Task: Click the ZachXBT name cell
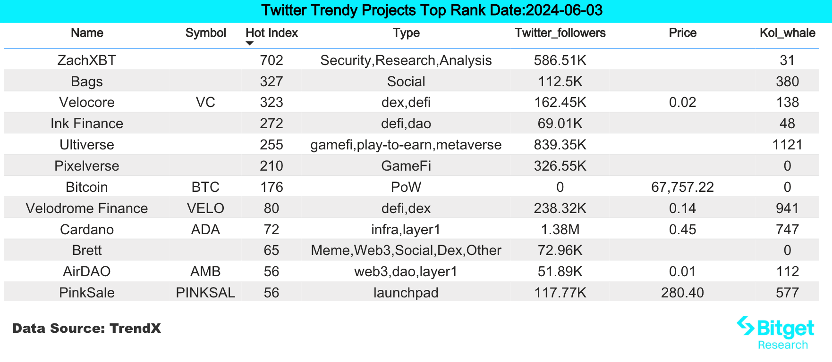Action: (86, 60)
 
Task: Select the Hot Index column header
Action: (272, 33)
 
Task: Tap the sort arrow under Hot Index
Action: (250, 43)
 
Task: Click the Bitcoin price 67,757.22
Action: (682, 187)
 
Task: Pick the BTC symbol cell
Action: (205, 187)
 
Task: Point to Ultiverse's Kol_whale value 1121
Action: (787, 145)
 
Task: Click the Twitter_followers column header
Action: (560, 33)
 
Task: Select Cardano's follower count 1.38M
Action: (560, 230)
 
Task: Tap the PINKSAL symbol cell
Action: (205, 293)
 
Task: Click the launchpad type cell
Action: (406, 293)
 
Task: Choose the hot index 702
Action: (272, 60)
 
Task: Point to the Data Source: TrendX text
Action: (86, 329)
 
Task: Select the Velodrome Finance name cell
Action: (86, 208)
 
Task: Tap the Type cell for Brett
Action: (406, 250)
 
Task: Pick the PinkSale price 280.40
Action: (682, 293)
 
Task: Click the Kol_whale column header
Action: (787, 33)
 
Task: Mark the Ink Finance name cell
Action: (86, 123)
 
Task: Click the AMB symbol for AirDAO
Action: (205, 271)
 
